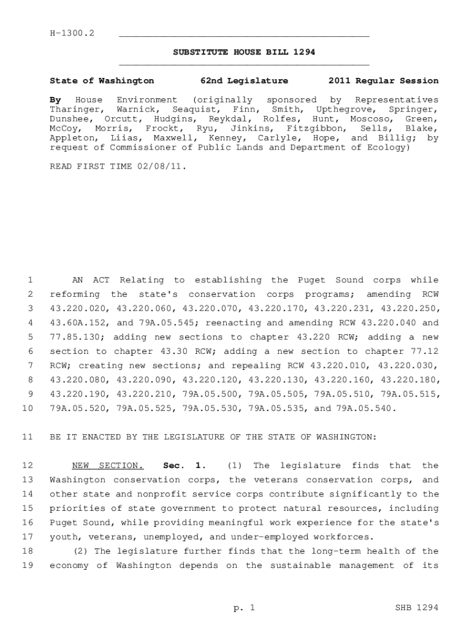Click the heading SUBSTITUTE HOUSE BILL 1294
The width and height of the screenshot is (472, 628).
[x=244, y=52]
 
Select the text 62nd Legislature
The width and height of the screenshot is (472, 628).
[x=244, y=81]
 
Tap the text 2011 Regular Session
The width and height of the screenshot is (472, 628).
[x=383, y=81]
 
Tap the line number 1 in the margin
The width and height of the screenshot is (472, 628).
[x=29, y=280]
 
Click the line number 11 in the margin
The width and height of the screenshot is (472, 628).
[x=26, y=437]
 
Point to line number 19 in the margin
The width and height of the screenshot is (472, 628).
[x=26, y=565]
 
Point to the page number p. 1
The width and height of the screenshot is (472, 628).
[x=244, y=608]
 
